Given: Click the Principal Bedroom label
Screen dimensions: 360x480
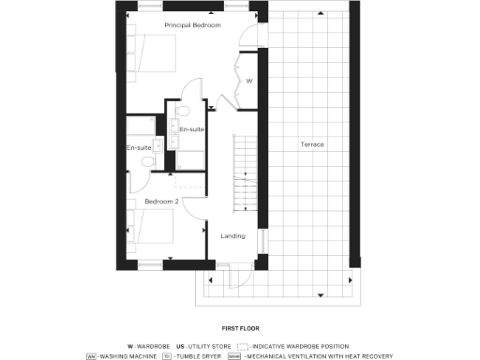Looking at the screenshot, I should click(192, 25).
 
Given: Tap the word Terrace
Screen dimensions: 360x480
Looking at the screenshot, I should click(312, 144).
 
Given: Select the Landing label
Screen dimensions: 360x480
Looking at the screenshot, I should click(232, 235).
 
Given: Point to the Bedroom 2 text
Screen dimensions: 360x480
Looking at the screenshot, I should click(161, 201).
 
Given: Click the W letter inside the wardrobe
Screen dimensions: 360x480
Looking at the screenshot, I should click(248, 82).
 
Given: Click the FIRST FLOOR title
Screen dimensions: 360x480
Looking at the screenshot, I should click(240, 329).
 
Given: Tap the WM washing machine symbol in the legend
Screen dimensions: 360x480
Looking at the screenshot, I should click(91, 355).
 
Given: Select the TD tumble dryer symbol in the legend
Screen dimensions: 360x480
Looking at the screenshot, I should click(167, 355).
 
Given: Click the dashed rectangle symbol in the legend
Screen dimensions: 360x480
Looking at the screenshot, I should click(243, 345).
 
